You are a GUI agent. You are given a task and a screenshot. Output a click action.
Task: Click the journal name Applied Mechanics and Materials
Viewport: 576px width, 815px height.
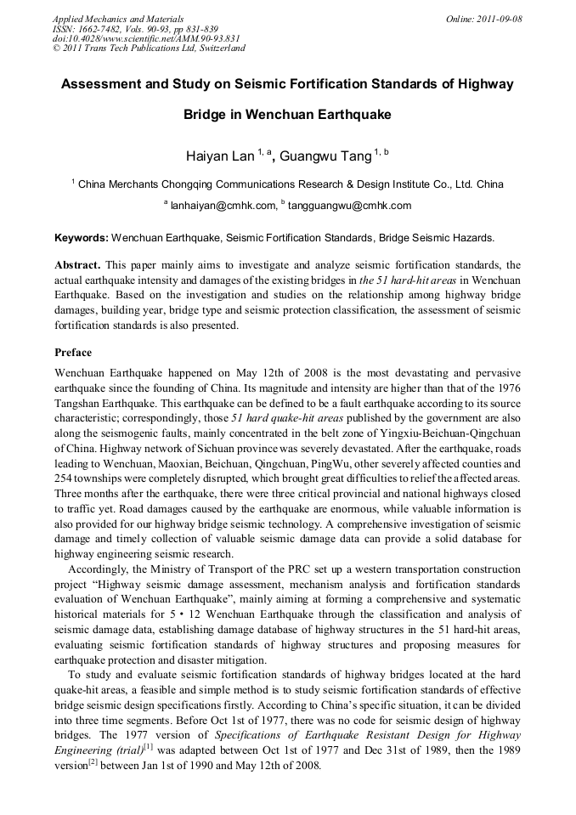click(118, 19)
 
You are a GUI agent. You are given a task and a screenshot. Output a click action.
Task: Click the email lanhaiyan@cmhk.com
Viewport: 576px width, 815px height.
click(223, 205)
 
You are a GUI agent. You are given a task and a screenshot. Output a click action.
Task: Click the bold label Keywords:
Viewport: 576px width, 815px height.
click(82, 238)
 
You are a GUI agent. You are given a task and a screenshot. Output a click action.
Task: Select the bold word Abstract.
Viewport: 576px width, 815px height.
click(77, 265)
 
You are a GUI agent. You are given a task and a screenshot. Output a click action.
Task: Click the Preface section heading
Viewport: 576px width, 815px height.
click(73, 352)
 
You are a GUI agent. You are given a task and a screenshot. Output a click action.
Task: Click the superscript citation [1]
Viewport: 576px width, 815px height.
click(148, 746)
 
